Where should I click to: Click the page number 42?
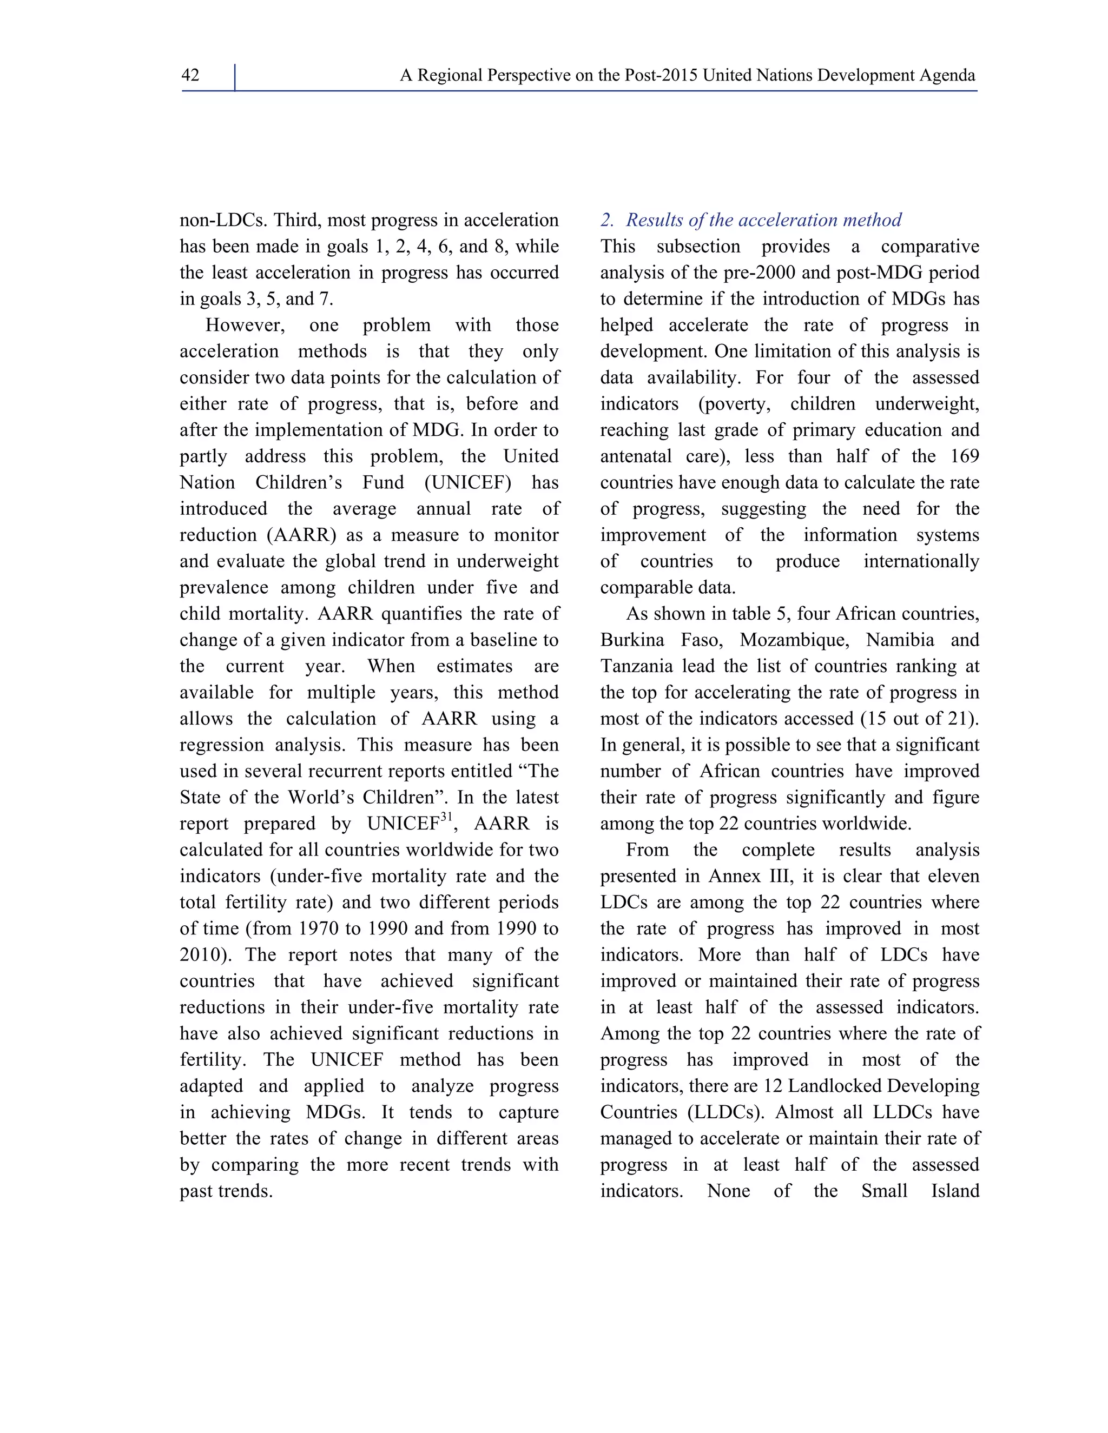pyautogui.click(x=190, y=76)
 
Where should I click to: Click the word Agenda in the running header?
pyautogui.click(x=947, y=76)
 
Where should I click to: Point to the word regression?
pyautogui.click(x=223, y=745)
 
